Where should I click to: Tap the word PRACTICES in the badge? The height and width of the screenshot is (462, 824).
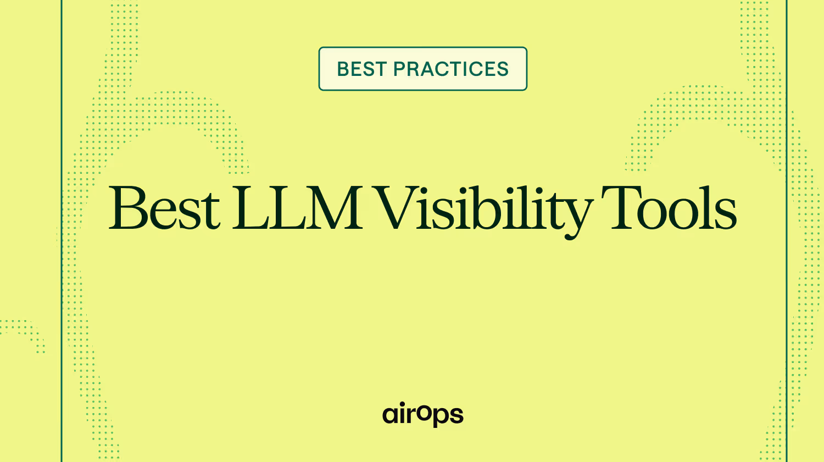point(451,69)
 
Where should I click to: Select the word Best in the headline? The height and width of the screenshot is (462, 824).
point(164,207)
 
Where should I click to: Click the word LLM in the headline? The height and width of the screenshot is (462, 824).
point(297,207)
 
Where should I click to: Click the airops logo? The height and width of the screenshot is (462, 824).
point(423,414)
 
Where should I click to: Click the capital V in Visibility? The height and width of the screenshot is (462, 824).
point(399,208)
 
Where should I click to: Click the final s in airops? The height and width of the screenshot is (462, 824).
point(456,415)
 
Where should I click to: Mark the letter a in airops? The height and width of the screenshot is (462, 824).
point(390,415)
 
